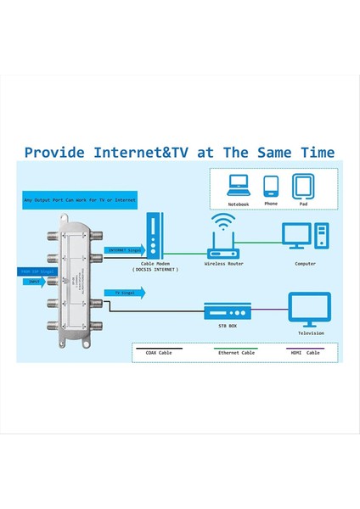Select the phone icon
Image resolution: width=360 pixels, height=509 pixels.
271,186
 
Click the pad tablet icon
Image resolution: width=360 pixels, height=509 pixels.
303,185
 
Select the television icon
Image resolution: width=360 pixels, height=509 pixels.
309,308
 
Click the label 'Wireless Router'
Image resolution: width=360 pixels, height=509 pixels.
224,264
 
